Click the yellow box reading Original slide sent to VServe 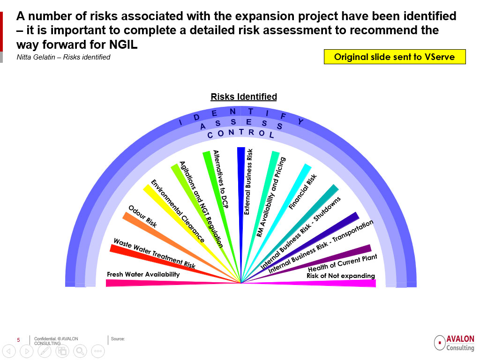point(395,57)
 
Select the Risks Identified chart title point(244,97)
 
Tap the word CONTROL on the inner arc point(240,133)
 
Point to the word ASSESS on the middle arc point(241,123)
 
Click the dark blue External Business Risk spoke point(241,214)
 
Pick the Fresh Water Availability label point(143,274)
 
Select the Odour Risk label point(142,217)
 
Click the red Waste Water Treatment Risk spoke point(174,263)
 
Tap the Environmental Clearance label point(178,211)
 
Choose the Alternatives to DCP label point(221,179)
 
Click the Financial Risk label point(302,192)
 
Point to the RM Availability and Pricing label point(271,197)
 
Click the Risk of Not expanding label point(341,276)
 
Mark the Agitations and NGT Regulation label point(201,204)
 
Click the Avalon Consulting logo point(454,343)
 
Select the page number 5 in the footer point(18,340)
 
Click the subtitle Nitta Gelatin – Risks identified point(63,57)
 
